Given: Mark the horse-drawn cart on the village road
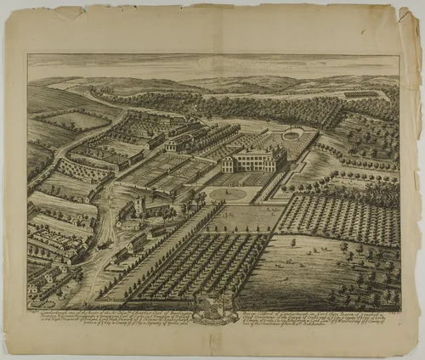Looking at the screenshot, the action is point(104,246).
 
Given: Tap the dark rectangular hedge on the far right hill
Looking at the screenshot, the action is point(361,93).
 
